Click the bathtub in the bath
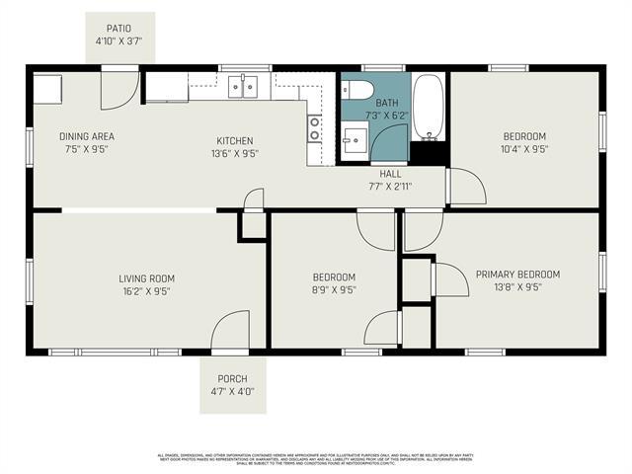tap(428, 107)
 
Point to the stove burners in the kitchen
tap(315, 128)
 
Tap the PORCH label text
tap(233, 378)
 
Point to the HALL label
tap(391, 173)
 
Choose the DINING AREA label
tap(88, 138)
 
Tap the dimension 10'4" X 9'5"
tap(524, 149)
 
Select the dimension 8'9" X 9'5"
tap(334, 290)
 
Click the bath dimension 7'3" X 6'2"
tap(387, 116)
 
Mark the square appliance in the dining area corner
tap(47, 88)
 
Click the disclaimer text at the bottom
tap(316, 460)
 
